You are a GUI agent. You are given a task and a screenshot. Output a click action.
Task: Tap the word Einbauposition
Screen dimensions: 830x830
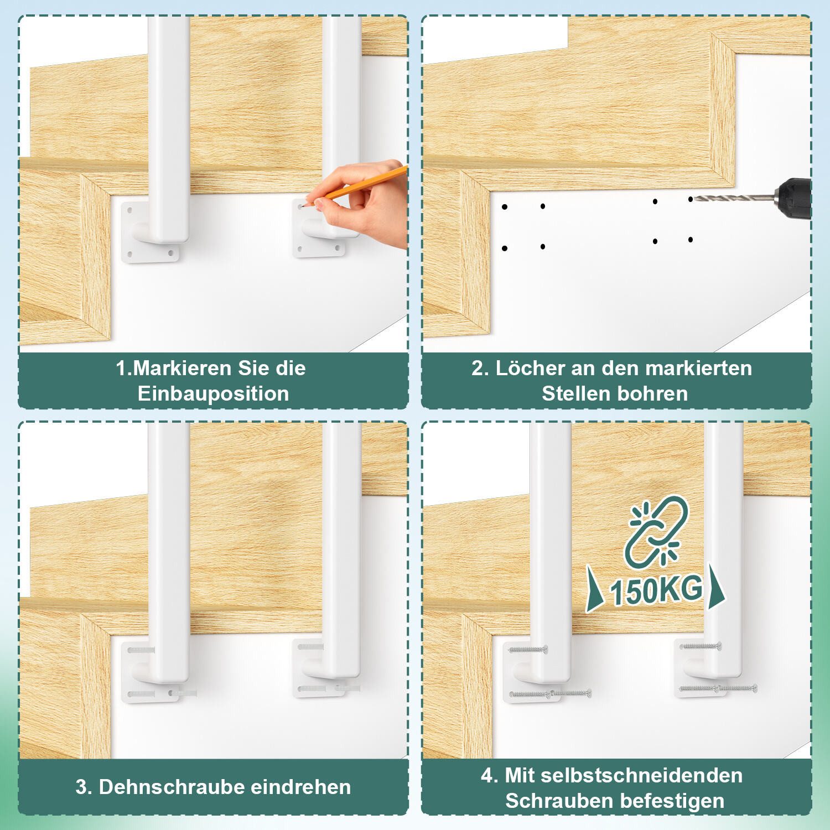click(x=213, y=394)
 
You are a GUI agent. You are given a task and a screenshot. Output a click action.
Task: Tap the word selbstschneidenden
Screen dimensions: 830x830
click(x=642, y=775)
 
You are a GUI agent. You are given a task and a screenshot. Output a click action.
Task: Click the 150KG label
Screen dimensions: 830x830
click(x=656, y=590)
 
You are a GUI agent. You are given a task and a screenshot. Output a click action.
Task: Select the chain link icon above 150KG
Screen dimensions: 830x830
click(x=656, y=532)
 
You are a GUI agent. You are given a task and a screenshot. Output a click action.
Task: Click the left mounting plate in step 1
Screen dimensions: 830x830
click(x=150, y=231)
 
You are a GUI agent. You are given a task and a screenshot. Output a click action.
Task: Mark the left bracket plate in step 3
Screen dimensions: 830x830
click(x=149, y=671)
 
